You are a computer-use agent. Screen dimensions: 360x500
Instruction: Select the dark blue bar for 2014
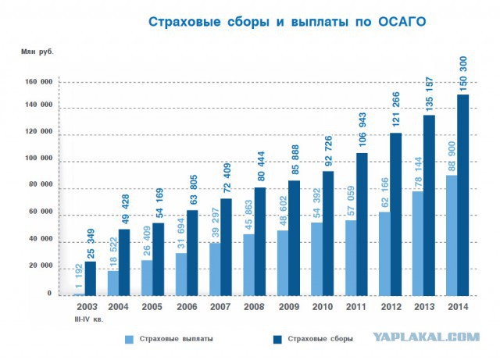tap(462, 194)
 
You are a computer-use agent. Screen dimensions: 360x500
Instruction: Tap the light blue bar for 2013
tap(417, 243)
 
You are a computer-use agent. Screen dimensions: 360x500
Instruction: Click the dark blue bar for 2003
tap(91, 278)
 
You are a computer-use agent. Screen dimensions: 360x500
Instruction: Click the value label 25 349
tap(91, 243)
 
